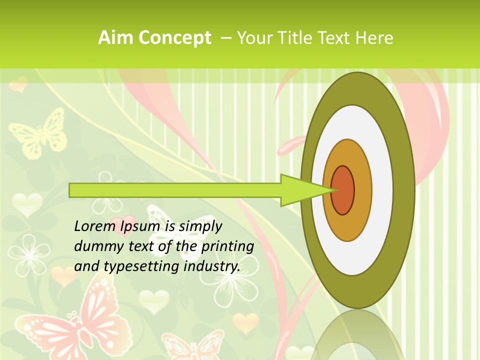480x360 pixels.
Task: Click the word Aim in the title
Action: tap(115, 38)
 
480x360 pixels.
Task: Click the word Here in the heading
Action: tap(375, 38)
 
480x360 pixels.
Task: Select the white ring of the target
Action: tap(382, 190)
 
